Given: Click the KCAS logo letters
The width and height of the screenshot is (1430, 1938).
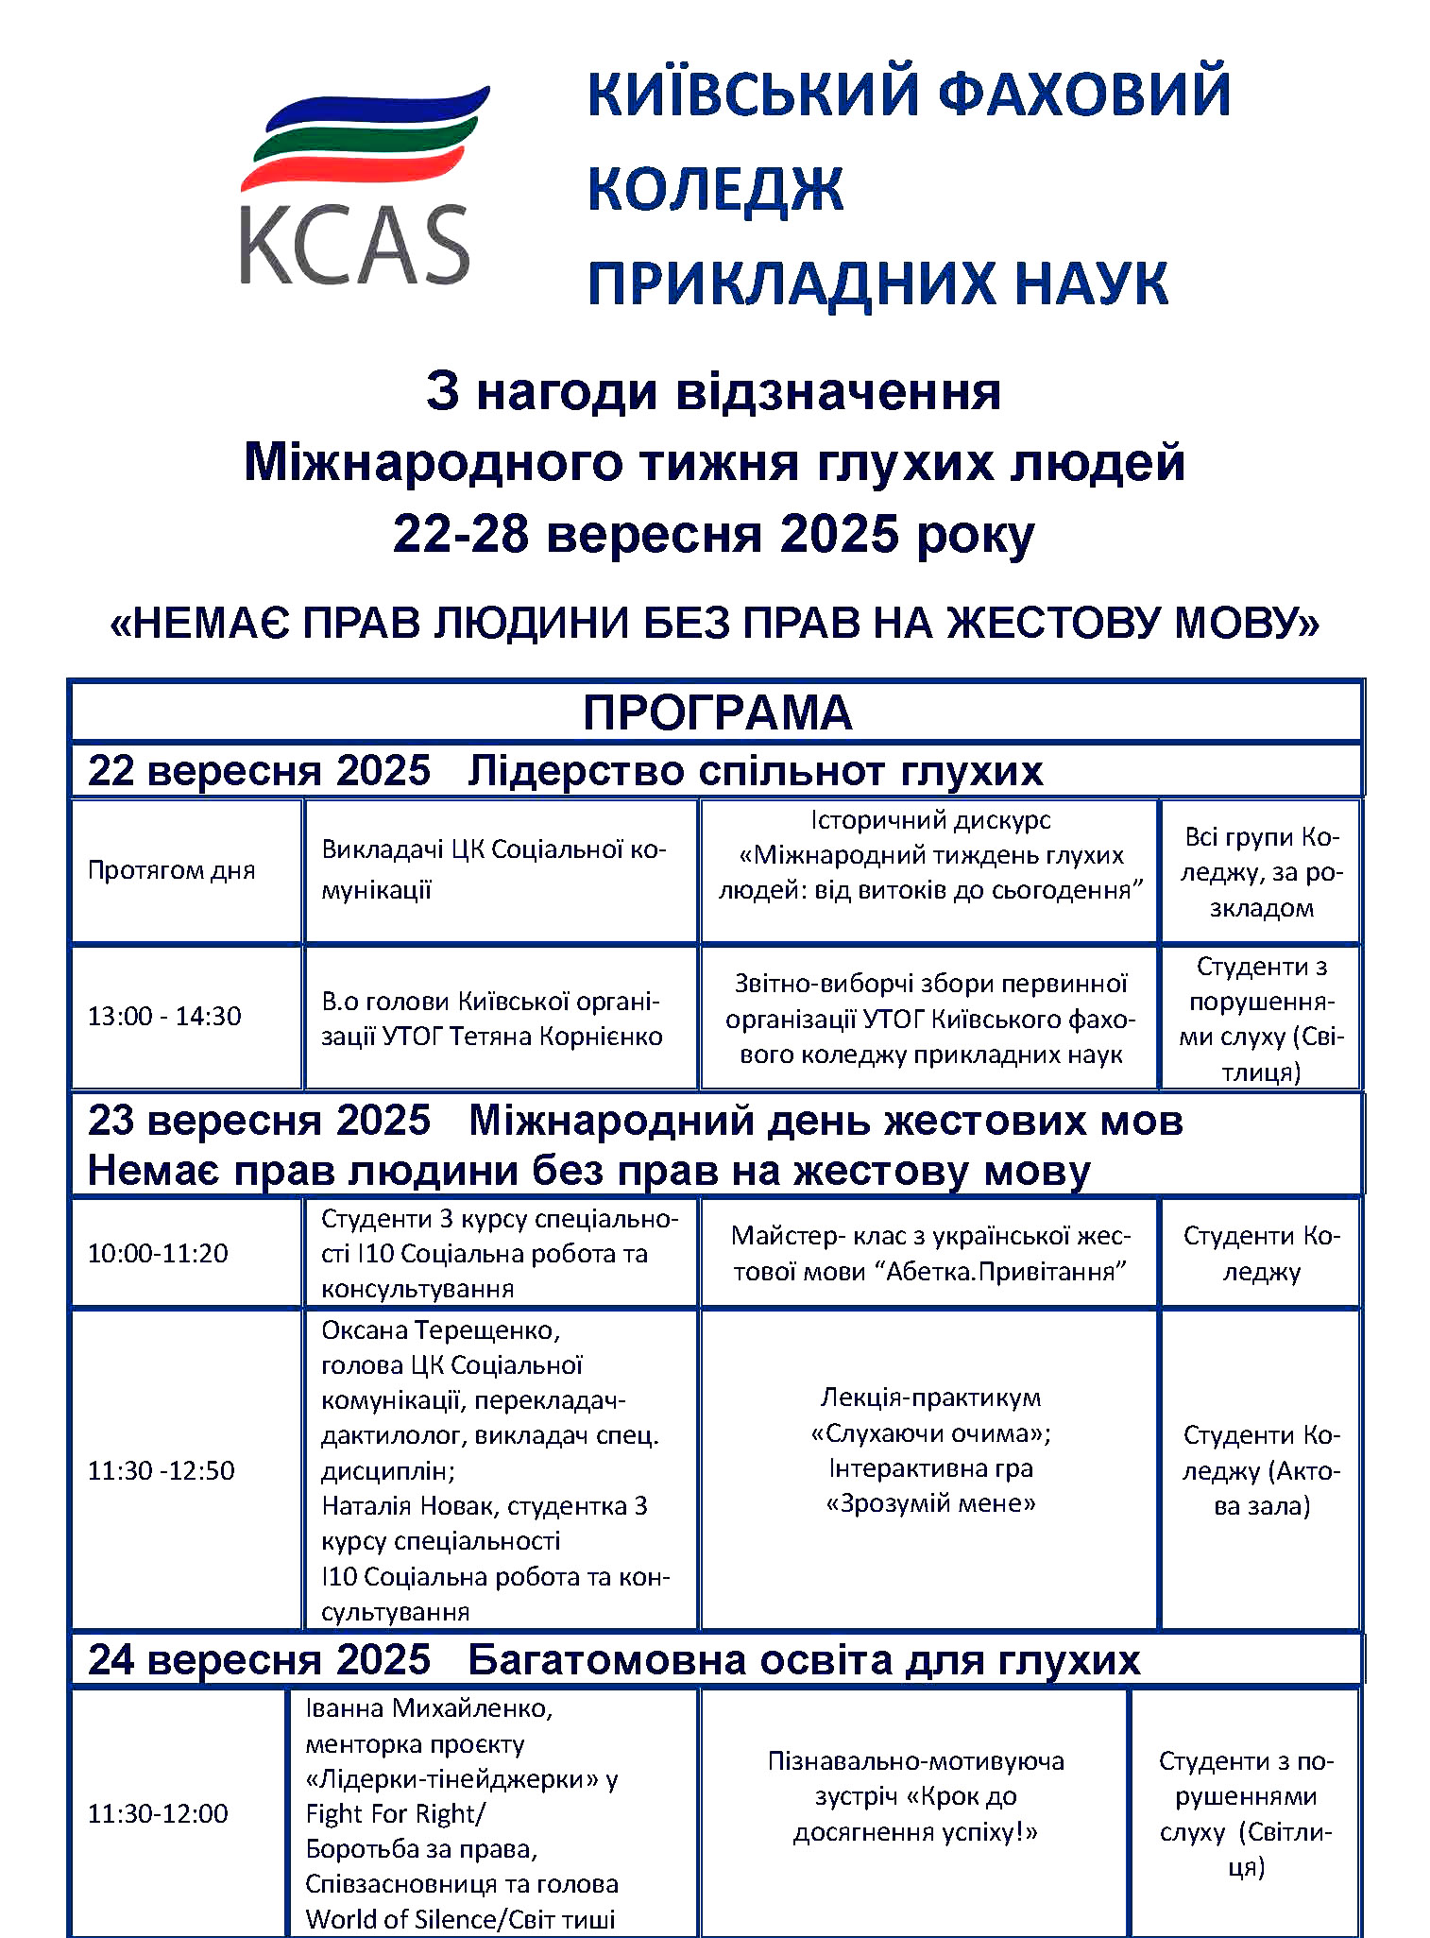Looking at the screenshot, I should [354, 245].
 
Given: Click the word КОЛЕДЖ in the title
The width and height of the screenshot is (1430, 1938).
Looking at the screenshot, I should [715, 188].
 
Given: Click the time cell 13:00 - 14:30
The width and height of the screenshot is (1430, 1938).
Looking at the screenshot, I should [164, 1017].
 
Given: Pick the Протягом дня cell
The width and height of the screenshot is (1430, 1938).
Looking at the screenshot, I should [171, 870].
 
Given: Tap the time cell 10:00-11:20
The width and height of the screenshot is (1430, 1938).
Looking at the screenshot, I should [158, 1254].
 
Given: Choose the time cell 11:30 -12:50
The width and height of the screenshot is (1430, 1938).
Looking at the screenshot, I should [161, 1470].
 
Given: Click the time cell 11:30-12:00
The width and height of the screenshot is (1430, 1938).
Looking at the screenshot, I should [158, 1813].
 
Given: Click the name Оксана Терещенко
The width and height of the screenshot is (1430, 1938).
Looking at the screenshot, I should [440, 1330].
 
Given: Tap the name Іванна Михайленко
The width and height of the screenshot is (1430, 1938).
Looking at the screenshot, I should [429, 1708].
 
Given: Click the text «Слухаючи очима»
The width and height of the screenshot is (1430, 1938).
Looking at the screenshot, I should [930, 1433].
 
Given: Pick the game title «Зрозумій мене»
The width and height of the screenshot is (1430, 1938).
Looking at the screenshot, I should [930, 1503].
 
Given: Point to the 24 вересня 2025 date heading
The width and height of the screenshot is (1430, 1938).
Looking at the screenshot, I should [259, 1660].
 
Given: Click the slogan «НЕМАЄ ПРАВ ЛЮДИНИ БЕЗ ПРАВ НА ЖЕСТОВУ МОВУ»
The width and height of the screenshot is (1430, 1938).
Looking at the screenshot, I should [715, 623].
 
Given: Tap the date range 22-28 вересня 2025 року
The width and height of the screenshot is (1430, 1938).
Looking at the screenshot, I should [714, 535].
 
